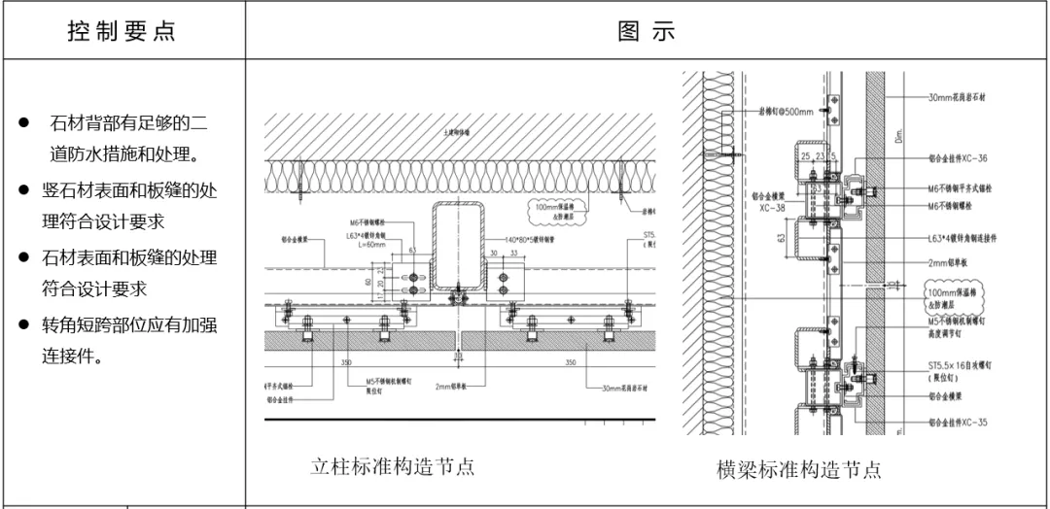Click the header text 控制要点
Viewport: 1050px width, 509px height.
pos(122,30)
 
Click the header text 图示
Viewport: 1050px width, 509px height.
pos(647,30)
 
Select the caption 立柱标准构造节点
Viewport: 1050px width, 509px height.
pos(393,465)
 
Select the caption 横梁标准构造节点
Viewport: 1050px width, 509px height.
pos(799,470)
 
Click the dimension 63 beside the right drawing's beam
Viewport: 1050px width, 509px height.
pos(782,235)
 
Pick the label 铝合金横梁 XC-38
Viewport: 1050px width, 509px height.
pos(768,201)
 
